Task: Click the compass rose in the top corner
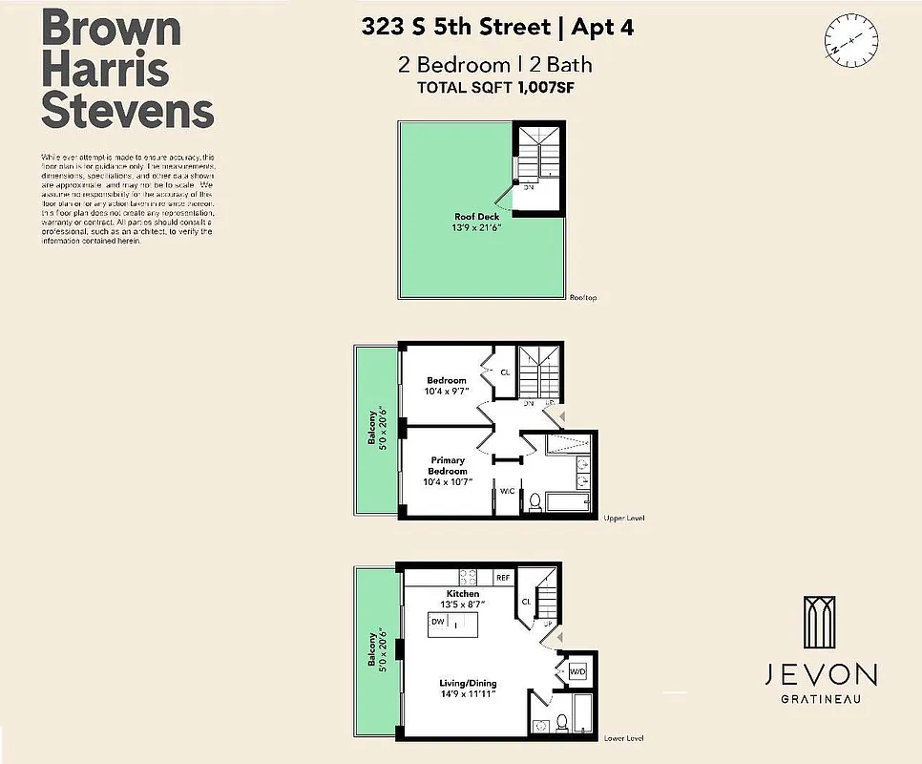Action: [852, 40]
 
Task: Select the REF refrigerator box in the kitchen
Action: [502, 578]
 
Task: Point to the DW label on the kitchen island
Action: [437, 623]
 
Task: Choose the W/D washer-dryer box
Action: [577, 671]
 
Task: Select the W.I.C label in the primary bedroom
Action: [506, 491]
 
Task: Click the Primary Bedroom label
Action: [448, 465]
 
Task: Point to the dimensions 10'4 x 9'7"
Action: [447, 391]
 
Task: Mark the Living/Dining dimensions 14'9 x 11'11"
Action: [468, 695]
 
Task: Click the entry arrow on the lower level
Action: [561, 637]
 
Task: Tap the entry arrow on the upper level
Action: [561, 415]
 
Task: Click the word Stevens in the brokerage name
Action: [127, 112]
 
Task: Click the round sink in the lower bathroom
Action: [538, 724]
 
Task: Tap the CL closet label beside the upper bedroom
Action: [505, 371]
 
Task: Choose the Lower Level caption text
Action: [624, 738]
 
